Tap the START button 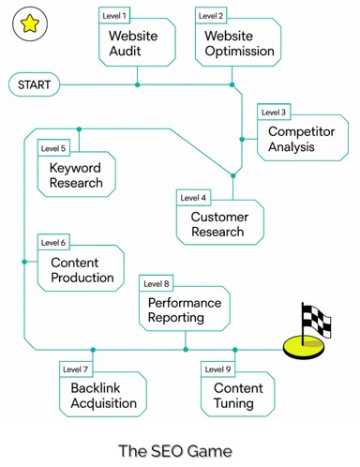(35, 85)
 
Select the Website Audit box (139, 43)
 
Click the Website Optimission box (238, 43)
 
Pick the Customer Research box (219, 224)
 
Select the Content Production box (81, 270)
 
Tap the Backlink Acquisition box (103, 396)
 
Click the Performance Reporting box (185, 310)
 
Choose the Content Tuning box (239, 395)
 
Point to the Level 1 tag (115, 16)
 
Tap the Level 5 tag (54, 148)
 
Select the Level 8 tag (156, 283)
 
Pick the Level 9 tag (217, 369)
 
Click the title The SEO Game (175, 450)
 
